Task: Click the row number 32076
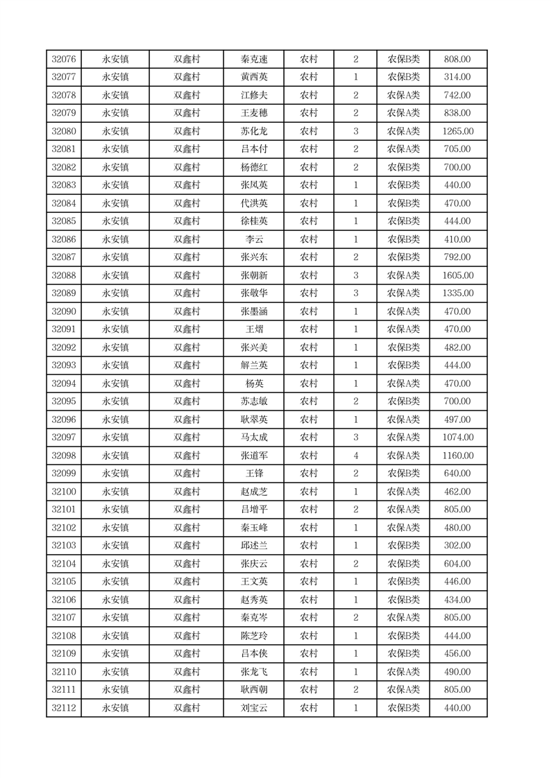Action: (x=64, y=60)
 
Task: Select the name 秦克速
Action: (x=254, y=60)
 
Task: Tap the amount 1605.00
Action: (x=458, y=275)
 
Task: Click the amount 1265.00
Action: (x=458, y=132)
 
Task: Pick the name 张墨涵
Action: (x=254, y=311)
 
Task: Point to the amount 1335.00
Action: (x=458, y=293)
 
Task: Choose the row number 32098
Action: (x=64, y=456)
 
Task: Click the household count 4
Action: (x=355, y=456)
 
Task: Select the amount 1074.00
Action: (x=458, y=438)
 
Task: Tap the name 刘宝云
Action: (x=254, y=708)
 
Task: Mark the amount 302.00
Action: (x=458, y=546)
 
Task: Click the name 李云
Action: (x=254, y=239)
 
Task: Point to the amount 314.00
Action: (x=458, y=78)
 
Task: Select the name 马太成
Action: (x=254, y=438)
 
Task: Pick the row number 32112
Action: (x=64, y=708)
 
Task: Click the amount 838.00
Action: (x=458, y=114)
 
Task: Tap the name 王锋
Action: (x=254, y=474)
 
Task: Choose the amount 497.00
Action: (x=458, y=420)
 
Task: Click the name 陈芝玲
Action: (x=254, y=636)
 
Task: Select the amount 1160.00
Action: (x=458, y=456)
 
